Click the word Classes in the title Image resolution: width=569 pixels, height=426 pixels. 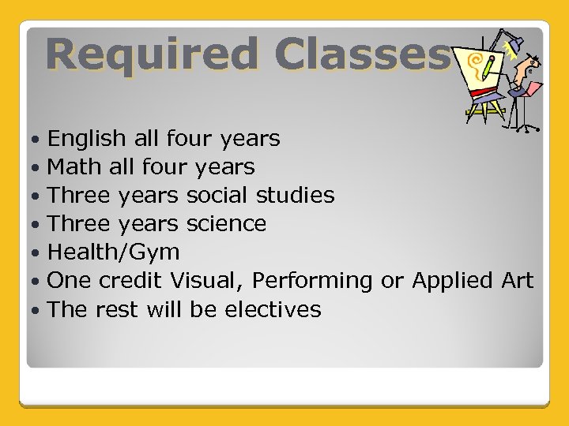tap(363, 55)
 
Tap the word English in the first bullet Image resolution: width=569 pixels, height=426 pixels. tap(87, 140)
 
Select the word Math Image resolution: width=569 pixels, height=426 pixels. tap(73, 167)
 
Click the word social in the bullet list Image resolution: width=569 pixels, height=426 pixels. tap(217, 196)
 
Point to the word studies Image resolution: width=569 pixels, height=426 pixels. tap(295, 196)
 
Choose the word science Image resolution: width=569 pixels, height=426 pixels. tap(226, 224)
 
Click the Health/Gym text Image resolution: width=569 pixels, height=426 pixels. tap(114, 252)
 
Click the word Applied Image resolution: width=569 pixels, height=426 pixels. tap(452, 282)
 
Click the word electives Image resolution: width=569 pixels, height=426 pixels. tap(273, 309)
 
